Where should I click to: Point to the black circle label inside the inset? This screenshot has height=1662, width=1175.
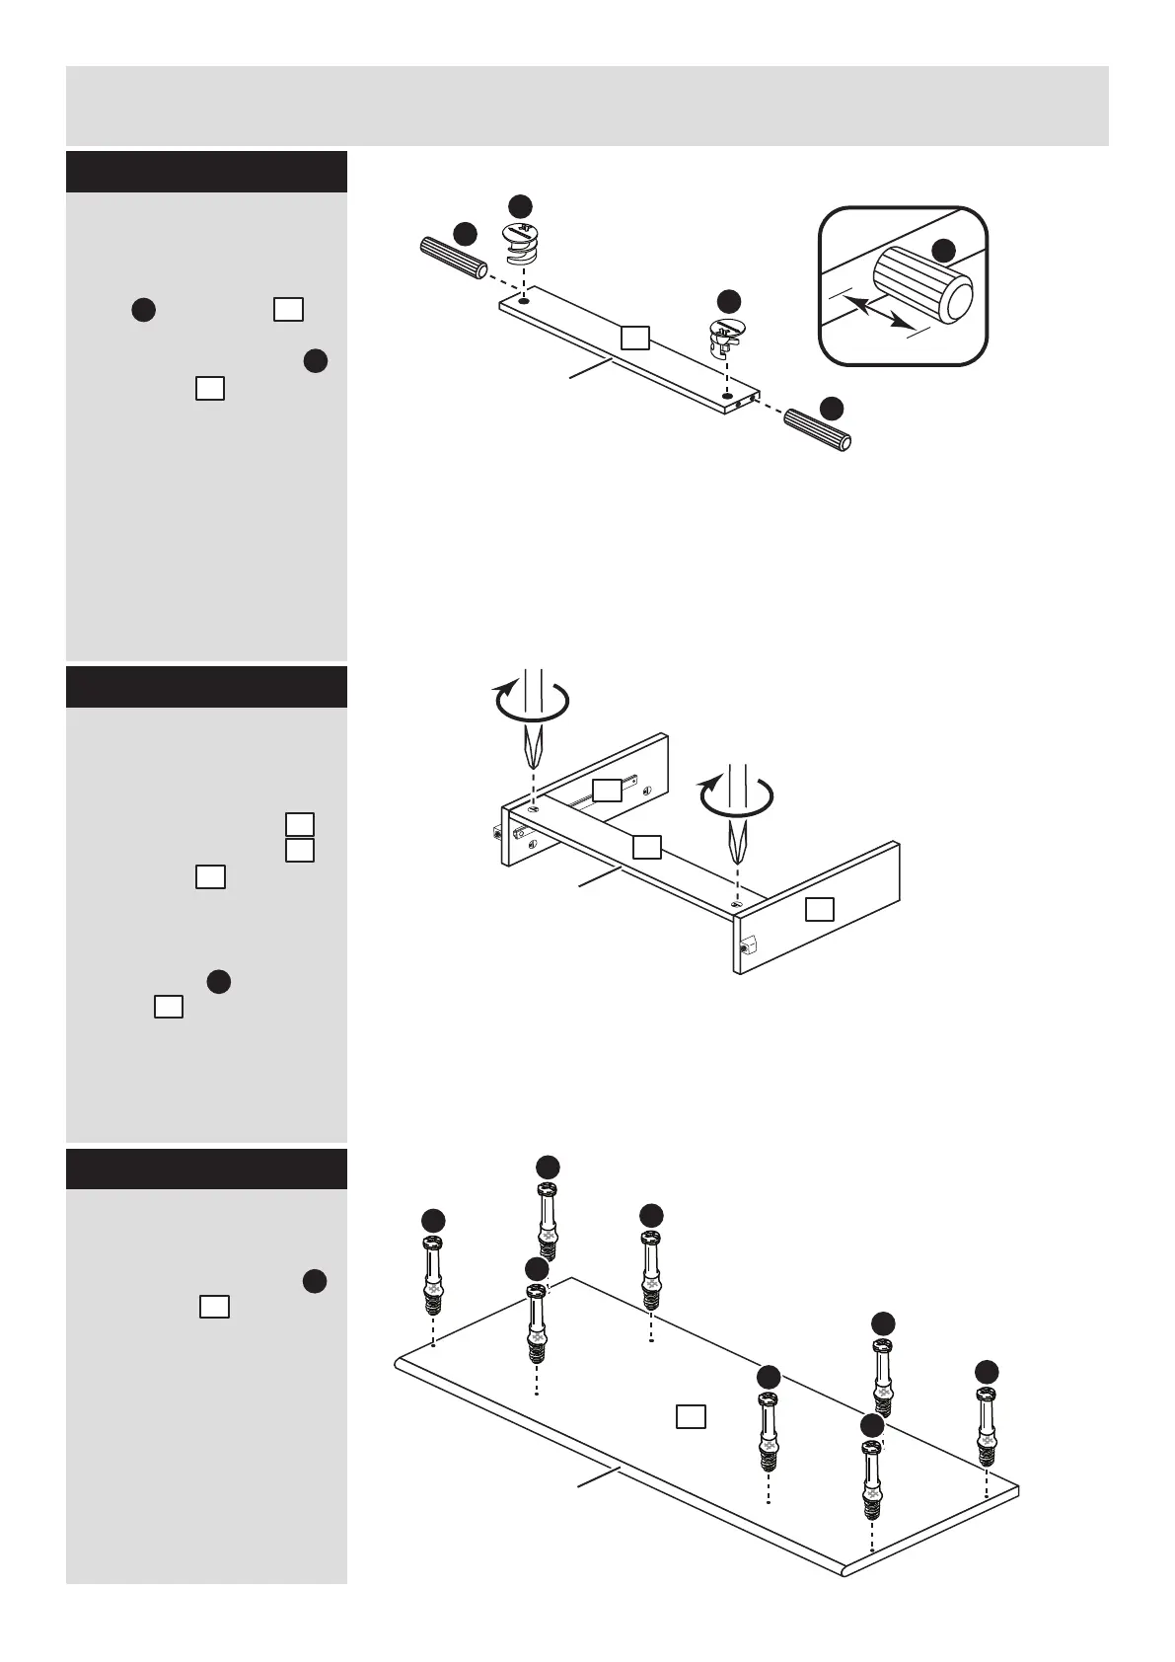coord(944,250)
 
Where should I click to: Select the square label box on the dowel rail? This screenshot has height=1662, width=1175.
coord(635,339)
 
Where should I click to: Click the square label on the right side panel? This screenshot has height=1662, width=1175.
coord(820,909)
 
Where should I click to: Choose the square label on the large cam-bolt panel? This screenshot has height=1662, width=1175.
coord(691,1416)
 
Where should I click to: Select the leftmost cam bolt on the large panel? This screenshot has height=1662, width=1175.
coord(433,1275)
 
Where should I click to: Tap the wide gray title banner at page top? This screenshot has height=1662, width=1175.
coord(587,106)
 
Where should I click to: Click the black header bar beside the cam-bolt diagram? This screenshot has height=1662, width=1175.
coord(206,1170)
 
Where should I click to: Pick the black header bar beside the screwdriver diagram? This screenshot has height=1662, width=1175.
coord(206,687)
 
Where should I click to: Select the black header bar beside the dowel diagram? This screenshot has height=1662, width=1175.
coord(206,172)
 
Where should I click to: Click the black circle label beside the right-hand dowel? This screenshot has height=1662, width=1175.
coord(833,408)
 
